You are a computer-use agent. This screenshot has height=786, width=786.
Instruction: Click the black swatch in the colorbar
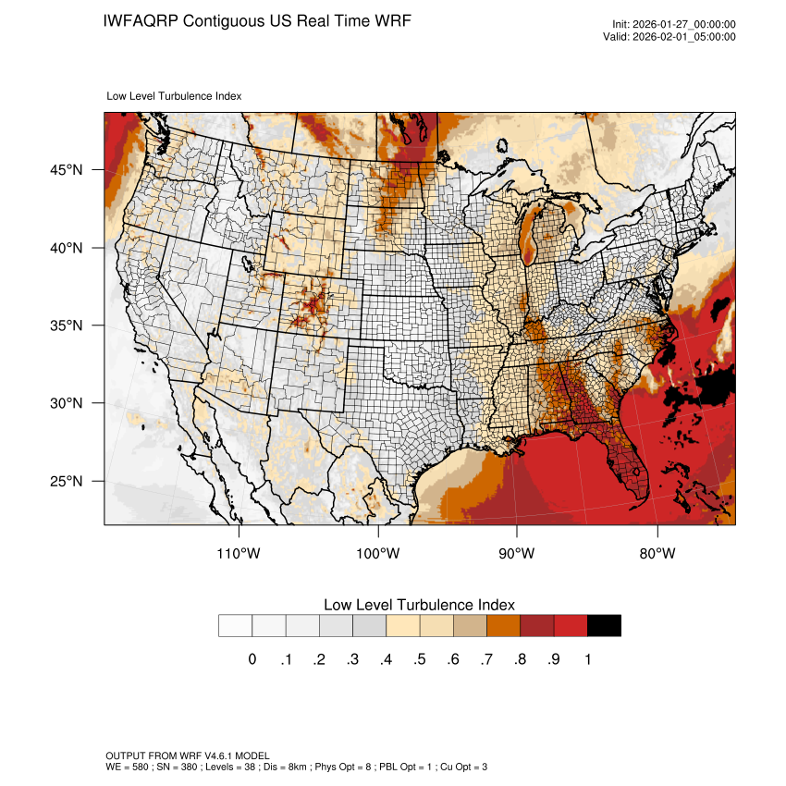pyautogui.click(x=604, y=626)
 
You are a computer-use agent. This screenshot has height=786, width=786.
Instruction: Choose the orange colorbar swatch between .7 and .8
pyautogui.click(x=503, y=626)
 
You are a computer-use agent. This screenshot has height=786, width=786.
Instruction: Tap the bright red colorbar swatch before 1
pyautogui.click(x=571, y=626)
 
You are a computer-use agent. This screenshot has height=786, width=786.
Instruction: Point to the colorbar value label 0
pyautogui.click(x=252, y=659)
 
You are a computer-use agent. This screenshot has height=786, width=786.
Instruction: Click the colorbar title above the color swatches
pyautogui.click(x=419, y=605)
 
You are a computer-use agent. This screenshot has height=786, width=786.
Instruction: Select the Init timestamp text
pyautogui.click(x=674, y=25)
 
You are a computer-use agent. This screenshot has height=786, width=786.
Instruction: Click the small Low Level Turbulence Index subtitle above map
pyautogui.click(x=175, y=95)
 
